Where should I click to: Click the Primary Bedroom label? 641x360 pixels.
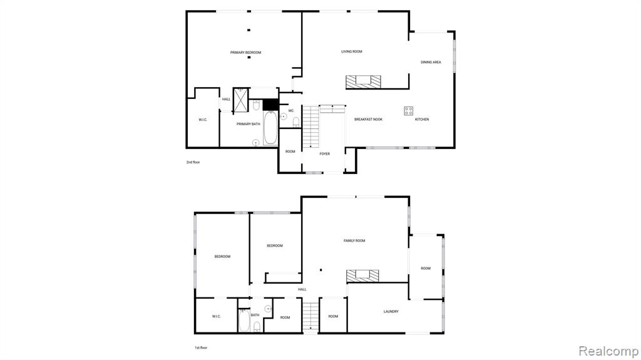pos(245,53)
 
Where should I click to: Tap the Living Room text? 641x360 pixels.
pos(352,51)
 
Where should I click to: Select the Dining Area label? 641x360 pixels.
pos(431,62)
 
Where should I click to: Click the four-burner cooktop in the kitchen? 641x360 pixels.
pos(408,111)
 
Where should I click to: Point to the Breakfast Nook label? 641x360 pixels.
pos(368,120)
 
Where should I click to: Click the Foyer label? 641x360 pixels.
pos(325,154)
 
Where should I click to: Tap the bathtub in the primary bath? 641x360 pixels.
pos(270,128)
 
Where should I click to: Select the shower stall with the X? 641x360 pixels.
pos(240,100)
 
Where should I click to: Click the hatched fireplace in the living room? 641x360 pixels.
pos(364,82)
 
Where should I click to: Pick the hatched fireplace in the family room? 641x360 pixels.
pos(362,275)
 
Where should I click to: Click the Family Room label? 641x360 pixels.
pos(354,241)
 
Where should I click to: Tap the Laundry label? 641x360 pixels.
pos(391,312)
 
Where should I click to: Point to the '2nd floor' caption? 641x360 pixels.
pos(193,162)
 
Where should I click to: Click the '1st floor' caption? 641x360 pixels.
pos(201,347)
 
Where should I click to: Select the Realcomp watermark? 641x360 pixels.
pos(608,351)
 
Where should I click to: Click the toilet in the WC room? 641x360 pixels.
pos(296,122)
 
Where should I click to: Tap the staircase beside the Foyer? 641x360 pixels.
pos(310,127)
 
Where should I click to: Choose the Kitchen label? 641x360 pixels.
pos(422,120)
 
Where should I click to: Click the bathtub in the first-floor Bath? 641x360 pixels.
pos(244,321)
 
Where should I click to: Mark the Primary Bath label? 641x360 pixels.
pos(248,124)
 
